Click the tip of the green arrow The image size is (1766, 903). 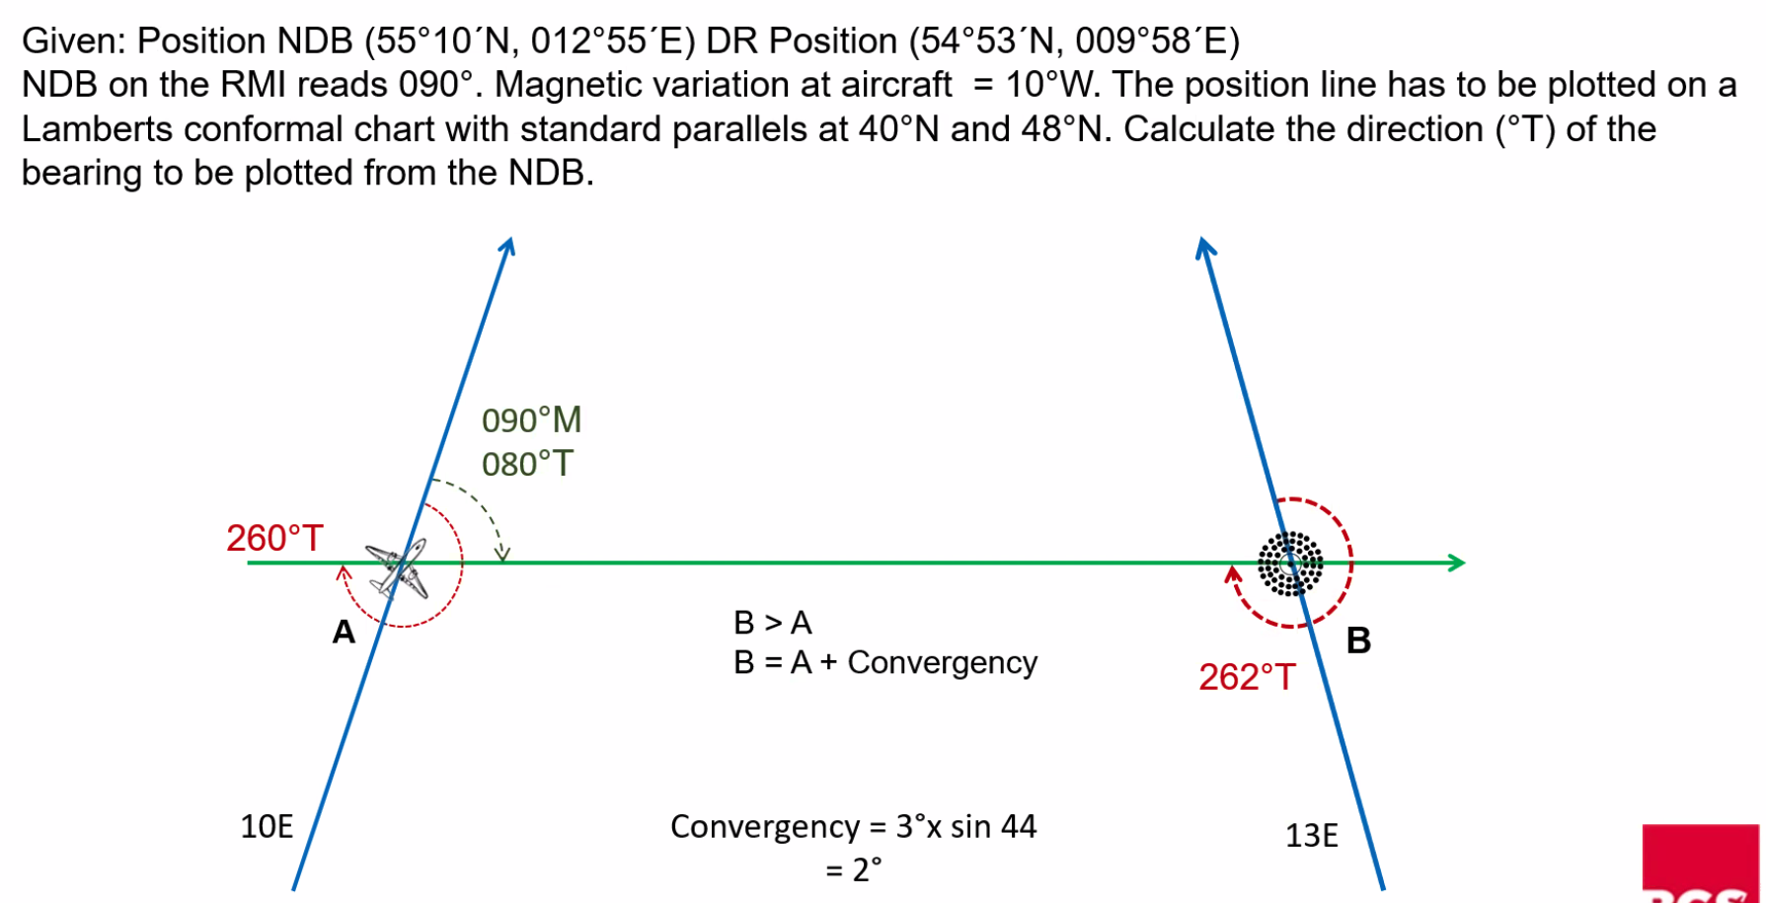pos(1465,563)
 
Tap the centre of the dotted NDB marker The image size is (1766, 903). pos(1289,564)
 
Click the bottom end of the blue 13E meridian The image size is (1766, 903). pos(1383,889)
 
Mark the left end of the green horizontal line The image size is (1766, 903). pos(248,563)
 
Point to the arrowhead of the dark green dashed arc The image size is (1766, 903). pos(502,556)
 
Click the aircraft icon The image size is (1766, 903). pos(398,568)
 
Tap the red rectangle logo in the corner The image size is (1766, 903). pos(1703,864)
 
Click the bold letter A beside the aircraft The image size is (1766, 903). pos(344,632)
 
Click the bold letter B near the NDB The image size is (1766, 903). pos(1358,640)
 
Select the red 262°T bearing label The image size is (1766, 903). pos(1247,677)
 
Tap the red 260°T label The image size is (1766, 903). pos(274,538)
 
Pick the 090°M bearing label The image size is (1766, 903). pos(531,420)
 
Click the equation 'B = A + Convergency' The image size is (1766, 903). pos(885,662)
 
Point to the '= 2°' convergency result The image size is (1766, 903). pos(853,869)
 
